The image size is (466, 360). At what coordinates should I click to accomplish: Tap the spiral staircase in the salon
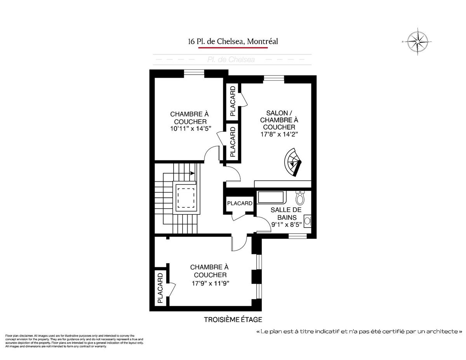pyautogui.click(x=293, y=162)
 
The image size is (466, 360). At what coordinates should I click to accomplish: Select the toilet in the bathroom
pyautogui.click(x=300, y=198)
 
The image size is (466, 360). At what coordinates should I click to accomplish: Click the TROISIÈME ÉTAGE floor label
pyautogui.click(x=233, y=320)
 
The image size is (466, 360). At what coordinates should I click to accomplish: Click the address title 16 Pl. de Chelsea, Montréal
pyautogui.click(x=233, y=41)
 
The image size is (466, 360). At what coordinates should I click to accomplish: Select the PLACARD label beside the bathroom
pyautogui.click(x=240, y=203)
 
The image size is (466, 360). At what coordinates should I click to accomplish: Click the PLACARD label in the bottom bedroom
pyautogui.click(x=160, y=288)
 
